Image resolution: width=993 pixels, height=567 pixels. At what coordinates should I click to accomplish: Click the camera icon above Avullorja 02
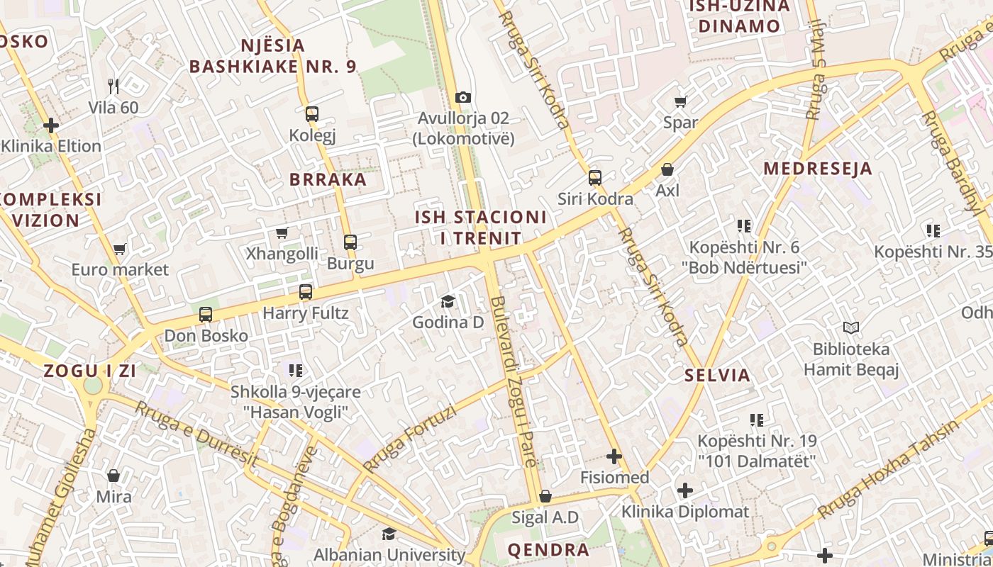[463, 97]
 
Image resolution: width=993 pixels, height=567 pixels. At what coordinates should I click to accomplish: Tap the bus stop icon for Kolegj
[311, 114]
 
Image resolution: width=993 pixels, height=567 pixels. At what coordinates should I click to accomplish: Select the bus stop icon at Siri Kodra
[595, 178]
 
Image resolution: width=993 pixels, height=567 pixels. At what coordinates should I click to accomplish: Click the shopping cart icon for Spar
[680, 101]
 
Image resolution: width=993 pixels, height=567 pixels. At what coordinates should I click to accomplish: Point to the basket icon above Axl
[667, 169]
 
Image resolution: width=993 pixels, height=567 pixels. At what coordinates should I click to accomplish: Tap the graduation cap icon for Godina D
[448, 302]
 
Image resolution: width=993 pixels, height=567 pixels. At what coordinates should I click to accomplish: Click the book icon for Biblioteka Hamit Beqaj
[851, 327]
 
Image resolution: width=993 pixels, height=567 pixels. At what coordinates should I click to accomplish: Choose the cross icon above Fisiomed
[614, 456]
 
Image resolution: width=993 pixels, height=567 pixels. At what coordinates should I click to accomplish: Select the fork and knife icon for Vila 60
[113, 86]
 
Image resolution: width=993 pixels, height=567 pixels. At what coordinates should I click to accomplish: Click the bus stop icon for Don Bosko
[206, 315]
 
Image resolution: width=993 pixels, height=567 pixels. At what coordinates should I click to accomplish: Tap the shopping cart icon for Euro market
[120, 249]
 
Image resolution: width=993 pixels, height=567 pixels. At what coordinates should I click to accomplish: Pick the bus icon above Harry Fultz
[306, 292]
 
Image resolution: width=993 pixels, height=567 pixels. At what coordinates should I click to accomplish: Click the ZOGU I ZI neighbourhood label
[89, 371]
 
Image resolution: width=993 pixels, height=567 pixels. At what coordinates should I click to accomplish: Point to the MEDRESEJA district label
[818, 169]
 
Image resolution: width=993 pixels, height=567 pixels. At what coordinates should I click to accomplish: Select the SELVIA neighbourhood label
[717, 376]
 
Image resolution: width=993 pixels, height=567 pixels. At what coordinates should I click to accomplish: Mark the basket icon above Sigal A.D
[545, 496]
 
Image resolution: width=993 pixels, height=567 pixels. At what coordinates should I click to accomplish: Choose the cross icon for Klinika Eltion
[51, 125]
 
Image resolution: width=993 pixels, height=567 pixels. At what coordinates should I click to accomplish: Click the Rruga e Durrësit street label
[196, 433]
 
